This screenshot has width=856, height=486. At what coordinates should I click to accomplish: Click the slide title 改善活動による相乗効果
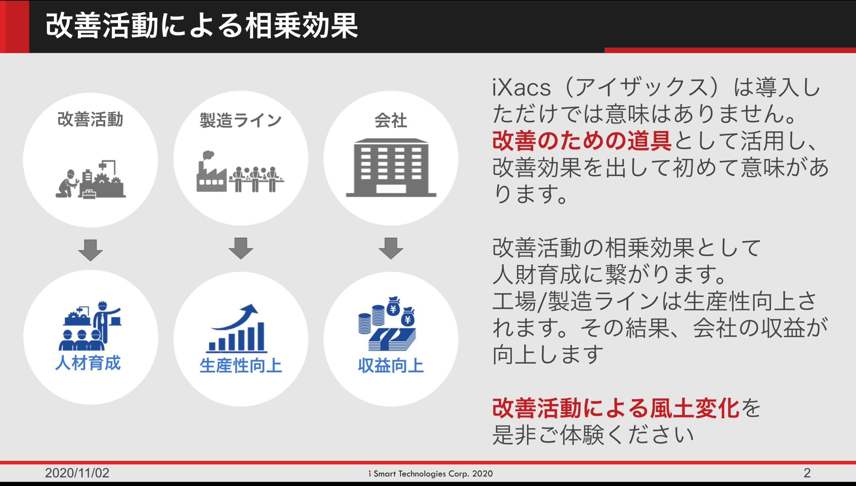pyautogui.click(x=202, y=26)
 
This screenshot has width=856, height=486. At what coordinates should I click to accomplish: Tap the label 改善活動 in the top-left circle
pyautogui.click(x=90, y=119)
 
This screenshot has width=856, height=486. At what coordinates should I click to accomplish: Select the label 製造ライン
pyautogui.click(x=241, y=120)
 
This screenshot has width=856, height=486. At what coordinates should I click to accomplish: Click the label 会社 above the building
pyautogui.click(x=391, y=120)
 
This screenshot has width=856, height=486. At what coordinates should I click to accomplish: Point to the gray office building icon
pyautogui.click(x=391, y=167)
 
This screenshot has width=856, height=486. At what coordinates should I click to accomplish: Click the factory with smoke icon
pyautogui.click(x=211, y=172)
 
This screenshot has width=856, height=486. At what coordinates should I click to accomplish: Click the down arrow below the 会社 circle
pyautogui.click(x=391, y=248)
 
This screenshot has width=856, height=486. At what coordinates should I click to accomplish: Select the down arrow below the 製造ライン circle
pyautogui.click(x=241, y=248)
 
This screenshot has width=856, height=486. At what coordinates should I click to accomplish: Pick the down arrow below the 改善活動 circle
pyautogui.click(x=90, y=250)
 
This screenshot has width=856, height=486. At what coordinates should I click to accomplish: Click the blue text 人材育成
pyautogui.click(x=88, y=363)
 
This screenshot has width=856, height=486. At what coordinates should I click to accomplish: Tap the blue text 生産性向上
pyautogui.click(x=241, y=365)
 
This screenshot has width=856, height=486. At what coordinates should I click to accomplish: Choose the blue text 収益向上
pyautogui.click(x=391, y=365)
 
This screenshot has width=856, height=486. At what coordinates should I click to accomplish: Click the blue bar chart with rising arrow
pyautogui.click(x=237, y=328)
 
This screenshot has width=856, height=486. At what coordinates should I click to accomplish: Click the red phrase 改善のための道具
pyautogui.click(x=582, y=141)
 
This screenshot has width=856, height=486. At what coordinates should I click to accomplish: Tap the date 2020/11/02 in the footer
pyautogui.click(x=77, y=473)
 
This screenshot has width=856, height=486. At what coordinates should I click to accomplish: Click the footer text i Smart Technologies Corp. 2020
pyautogui.click(x=431, y=474)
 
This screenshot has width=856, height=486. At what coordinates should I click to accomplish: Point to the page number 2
pyautogui.click(x=807, y=473)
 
